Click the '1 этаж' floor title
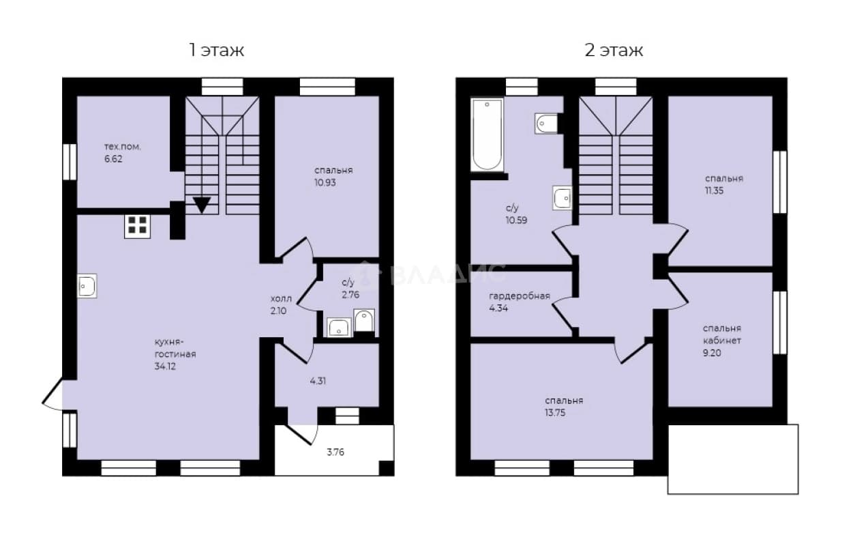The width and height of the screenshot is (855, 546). pyautogui.click(x=216, y=51)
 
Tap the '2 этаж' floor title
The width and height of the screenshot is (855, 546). pyautogui.click(x=614, y=51)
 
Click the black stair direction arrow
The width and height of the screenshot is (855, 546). pyautogui.click(x=202, y=205)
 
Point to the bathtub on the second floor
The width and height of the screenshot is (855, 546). pyautogui.click(x=487, y=134)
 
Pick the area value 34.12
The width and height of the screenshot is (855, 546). pyautogui.click(x=165, y=367)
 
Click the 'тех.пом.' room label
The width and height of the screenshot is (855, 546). pyautogui.click(x=123, y=147)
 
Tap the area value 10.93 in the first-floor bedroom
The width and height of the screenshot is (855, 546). pyautogui.click(x=325, y=183)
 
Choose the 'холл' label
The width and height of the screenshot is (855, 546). pyautogui.click(x=281, y=299)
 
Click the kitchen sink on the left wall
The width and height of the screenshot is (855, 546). pyautogui.click(x=87, y=285)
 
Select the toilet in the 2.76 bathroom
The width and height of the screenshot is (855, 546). pyautogui.click(x=364, y=321)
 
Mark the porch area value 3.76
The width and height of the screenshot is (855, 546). pyautogui.click(x=335, y=452)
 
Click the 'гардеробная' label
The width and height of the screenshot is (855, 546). pyautogui.click(x=520, y=296)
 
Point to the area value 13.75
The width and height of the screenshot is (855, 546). pyautogui.click(x=555, y=413)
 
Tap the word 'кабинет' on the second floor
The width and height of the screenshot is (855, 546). pyautogui.click(x=722, y=341)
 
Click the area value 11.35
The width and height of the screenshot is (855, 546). pyautogui.click(x=714, y=190)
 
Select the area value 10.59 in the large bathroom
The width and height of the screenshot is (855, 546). pyautogui.click(x=516, y=220)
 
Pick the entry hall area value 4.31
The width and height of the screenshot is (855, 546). pyautogui.click(x=318, y=381)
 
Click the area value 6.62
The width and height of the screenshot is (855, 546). pyautogui.click(x=113, y=159)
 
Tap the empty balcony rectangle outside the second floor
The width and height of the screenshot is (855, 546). pyautogui.click(x=733, y=459)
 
